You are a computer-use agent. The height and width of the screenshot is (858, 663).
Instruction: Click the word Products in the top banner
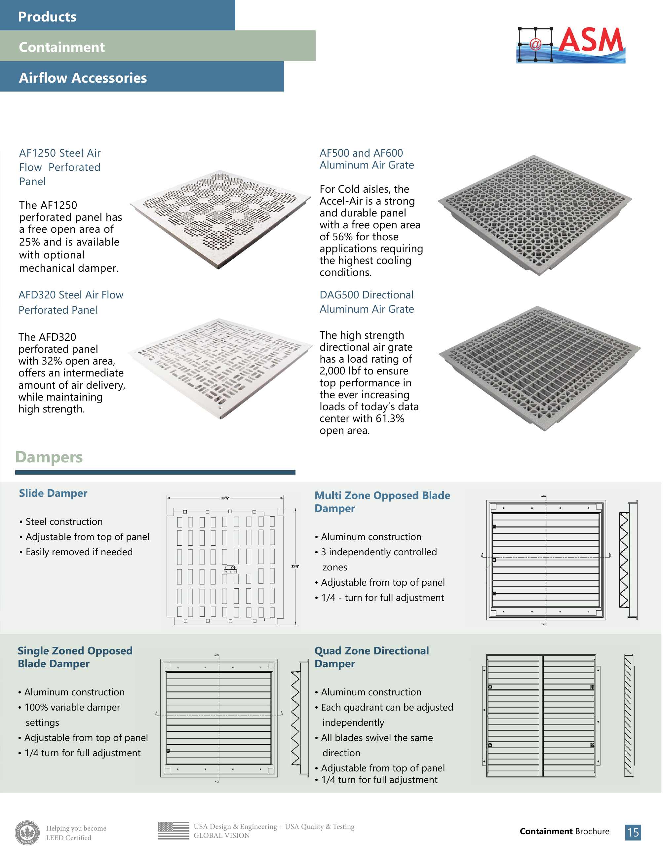point(47,17)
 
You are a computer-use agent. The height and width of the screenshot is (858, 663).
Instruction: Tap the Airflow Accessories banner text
point(83,78)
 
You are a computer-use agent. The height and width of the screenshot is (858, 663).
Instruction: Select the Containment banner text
point(62,47)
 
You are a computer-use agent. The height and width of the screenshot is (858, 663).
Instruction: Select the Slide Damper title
point(53,493)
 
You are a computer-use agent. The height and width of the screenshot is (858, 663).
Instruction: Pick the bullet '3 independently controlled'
point(379,552)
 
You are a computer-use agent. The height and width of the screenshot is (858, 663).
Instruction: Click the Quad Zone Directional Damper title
point(371,657)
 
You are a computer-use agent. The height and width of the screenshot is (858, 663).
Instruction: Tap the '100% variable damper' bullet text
point(72,707)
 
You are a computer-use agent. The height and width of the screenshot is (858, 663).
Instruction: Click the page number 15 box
point(633,832)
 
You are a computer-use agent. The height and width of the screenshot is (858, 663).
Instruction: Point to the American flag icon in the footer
point(174,831)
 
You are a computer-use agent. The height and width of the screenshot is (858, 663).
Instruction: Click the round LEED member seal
point(27,833)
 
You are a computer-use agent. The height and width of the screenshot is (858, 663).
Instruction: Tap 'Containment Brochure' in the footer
point(564,831)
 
